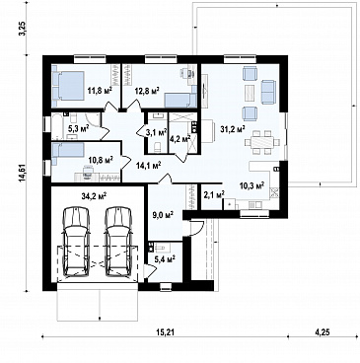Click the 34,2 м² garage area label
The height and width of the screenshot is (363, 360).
pyautogui.click(x=94, y=196)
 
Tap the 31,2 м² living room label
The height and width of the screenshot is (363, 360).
pyautogui.click(x=233, y=129)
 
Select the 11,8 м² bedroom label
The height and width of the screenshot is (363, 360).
pyautogui.click(x=100, y=90)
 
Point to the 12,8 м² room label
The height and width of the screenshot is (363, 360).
pyautogui.click(x=147, y=90)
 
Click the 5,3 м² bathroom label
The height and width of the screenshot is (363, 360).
pyautogui.click(x=78, y=129)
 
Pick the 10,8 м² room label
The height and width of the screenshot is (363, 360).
pyautogui.click(x=101, y=160)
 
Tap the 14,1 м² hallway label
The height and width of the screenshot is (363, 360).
pyautogui.click(x=148, y=166)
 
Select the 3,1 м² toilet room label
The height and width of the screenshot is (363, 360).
pyautogui.click(x=157, y=133)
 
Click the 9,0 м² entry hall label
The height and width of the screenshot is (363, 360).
pyautogui.click(x=163, y=215)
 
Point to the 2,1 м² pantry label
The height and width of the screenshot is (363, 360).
pyautogui.click(x=214, y=194)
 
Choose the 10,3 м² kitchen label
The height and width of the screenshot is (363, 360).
pyautogui.click(x=252, y=185)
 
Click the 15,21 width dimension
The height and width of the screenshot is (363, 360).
pyautogui.click(x=165, y=332)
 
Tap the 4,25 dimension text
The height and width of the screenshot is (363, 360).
pyautogui.click(x=323, y=332)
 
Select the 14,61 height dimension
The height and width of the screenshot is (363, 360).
pyautogui.click(x=24, y=173)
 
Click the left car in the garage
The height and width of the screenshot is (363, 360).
pyautogui.click(x=77, y=242)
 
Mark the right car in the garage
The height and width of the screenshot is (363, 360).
pyautogui.click(x=118, y=242)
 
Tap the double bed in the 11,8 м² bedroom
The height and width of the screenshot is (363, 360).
pyautogui.click(x=69, y=86)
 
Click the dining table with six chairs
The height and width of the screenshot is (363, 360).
pyautogui.click(x=262, y=142)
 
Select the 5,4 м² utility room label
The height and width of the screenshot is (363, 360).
pyautogui.click(x=165, y=259)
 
